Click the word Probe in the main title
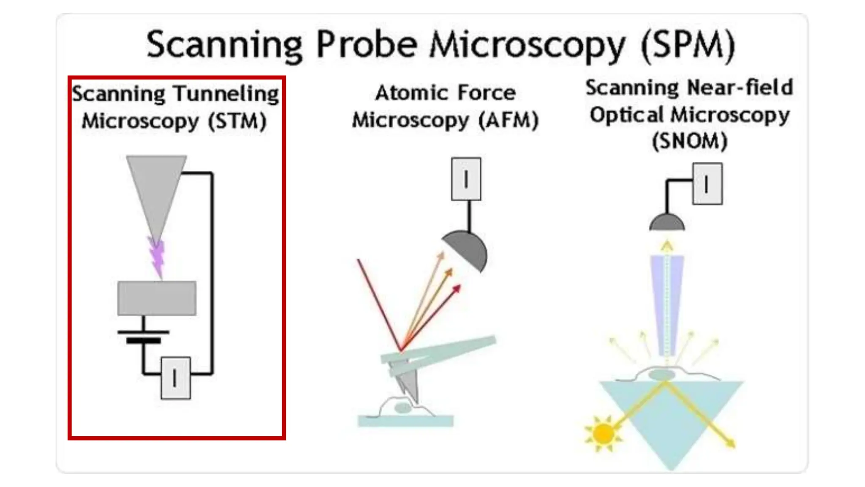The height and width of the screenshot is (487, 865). (x=367, y=45)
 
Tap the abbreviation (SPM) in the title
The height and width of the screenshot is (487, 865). (x=688, y=46)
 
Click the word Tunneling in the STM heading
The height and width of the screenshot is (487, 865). (x=226, y=94)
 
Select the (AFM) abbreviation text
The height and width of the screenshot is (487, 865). (x=509, y=120)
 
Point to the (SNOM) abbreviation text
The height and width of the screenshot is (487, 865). (x=689, y=141)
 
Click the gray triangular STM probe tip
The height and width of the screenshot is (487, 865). (x=156, y=190)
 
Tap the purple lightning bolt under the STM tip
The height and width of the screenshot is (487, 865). (x=157, y=257)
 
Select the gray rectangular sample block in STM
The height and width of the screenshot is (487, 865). (x=157, y=298)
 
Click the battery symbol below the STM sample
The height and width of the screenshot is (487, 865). (x=144, y=336)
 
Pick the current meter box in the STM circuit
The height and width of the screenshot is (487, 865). (x=176, y=378)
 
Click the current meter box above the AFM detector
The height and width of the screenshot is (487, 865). (x=466, y=179)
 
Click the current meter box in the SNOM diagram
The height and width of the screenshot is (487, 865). (x=707, y=184)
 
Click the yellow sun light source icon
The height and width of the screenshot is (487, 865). (x=603, y=434)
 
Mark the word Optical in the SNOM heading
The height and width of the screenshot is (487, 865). (x=627, y=115)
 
